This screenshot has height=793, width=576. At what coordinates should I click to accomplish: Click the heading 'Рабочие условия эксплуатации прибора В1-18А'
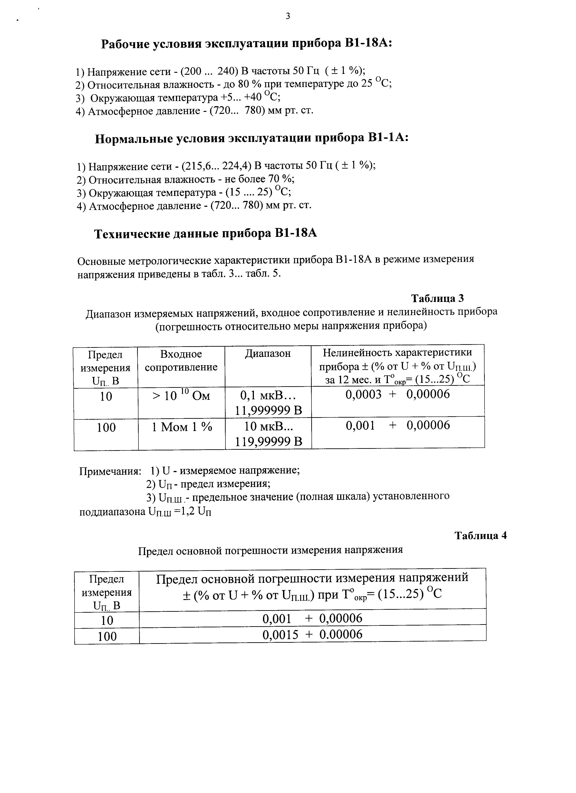246,44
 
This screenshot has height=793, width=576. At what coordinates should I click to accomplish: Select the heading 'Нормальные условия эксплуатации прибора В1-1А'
252,139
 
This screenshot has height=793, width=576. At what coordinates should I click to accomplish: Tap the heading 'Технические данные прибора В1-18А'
206,234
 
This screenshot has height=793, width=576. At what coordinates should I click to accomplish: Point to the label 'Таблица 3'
437,298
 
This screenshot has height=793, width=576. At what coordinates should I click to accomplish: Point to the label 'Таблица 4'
481,536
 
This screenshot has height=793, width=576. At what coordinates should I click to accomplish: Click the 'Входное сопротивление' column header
181,360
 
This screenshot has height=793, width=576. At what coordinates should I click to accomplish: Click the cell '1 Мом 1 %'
182,427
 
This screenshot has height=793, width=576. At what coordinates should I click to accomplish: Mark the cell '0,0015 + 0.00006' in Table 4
312,634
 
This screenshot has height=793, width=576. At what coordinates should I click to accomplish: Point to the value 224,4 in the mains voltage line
234,166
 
